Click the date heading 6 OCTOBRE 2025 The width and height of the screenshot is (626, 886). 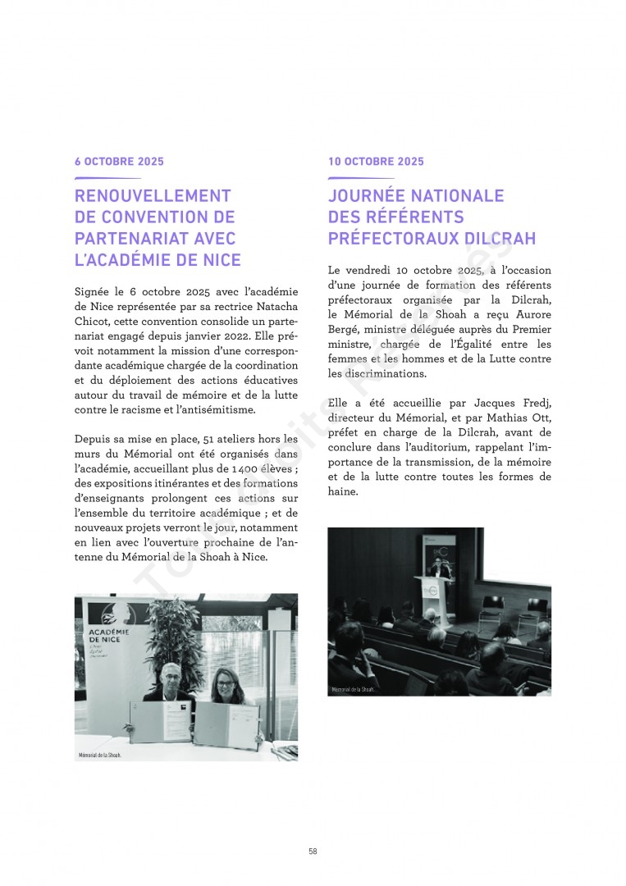tap(119, 162)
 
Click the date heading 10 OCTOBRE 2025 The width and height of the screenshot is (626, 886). tap(376, 162)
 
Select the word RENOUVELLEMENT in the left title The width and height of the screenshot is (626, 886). tap(153, 196)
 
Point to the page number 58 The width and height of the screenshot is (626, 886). tap(313, 852)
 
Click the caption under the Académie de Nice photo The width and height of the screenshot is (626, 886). tap(100, 755)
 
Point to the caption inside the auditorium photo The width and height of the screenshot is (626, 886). tap(353, 689)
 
